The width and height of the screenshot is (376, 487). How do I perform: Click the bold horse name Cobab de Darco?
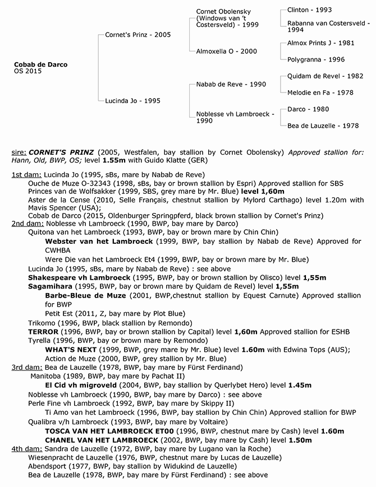point(40,65)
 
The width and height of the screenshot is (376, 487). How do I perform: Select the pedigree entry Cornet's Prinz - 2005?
point(138,35)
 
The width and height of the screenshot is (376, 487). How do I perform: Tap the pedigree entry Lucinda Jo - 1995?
point(133,101)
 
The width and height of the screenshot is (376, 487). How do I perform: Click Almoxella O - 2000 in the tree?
point(227,51)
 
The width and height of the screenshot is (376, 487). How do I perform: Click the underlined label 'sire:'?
point(19,152)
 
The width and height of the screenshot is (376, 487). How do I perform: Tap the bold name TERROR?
point(43,332)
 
